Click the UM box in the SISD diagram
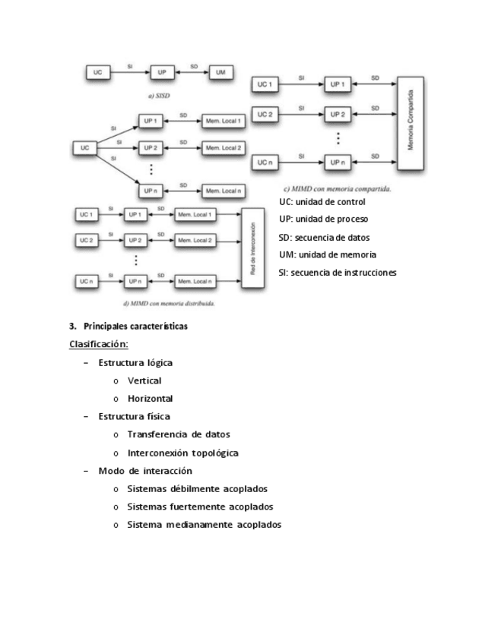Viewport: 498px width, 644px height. point(220,71)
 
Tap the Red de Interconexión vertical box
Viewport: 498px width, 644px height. point(252,248)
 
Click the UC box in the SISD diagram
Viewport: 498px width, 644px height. point(98,71)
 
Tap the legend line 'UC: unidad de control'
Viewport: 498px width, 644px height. point(322,202)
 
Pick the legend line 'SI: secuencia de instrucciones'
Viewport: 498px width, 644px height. point(338,273)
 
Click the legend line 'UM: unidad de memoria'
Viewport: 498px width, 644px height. point(328,255)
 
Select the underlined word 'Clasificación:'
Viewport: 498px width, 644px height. point(99,344)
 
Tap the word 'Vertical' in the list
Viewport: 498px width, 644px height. point(144,380)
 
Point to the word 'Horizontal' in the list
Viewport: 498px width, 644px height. point(151,398)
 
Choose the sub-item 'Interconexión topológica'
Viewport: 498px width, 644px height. point(183,453)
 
